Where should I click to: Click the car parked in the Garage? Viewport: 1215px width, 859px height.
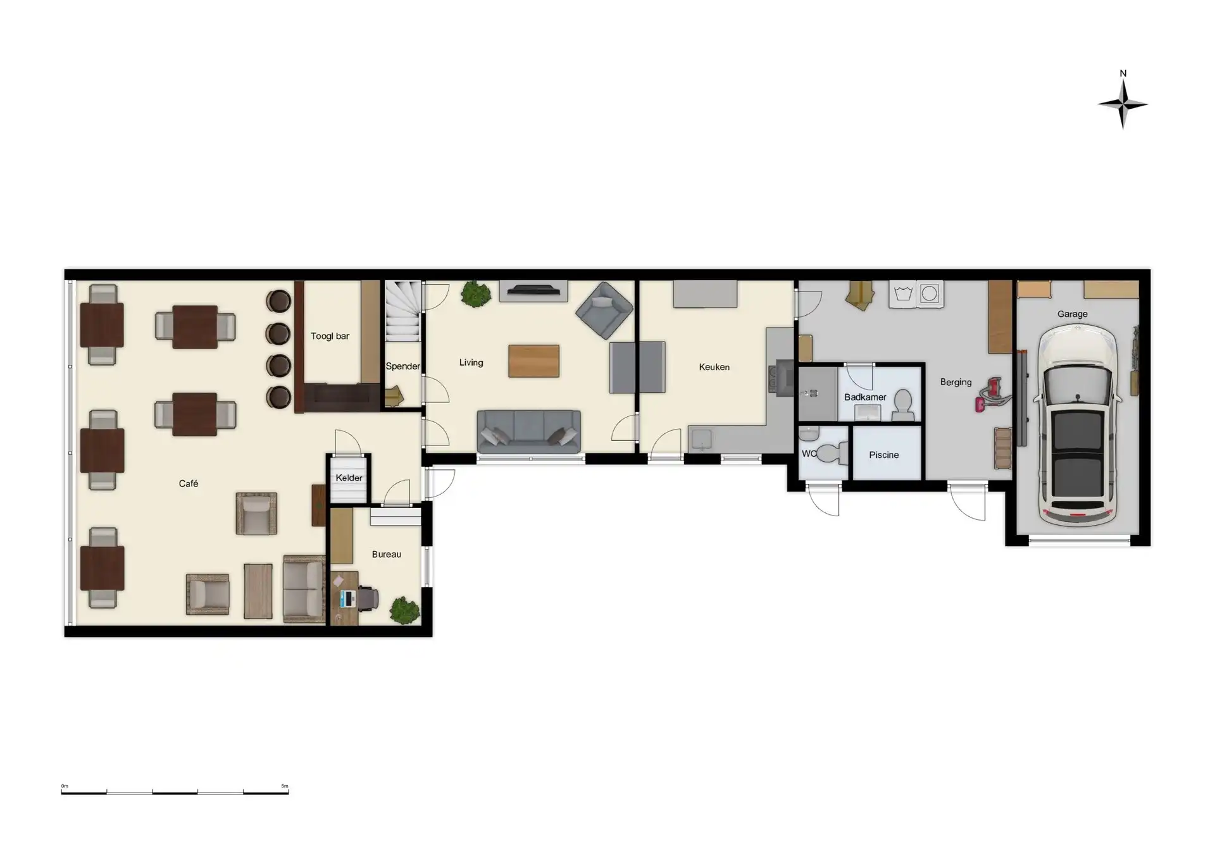click(x=1077, y=424)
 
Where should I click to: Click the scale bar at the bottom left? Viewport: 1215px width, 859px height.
click(x=175, y=791)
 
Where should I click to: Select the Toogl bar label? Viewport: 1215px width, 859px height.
click(x=330, y=336)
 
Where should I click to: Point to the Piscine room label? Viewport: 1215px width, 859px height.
click(x=883, y=455)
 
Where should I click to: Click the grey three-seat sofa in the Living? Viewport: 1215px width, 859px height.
click(x=528, y=431)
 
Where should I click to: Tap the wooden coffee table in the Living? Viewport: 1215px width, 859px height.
click(x=533, y=361)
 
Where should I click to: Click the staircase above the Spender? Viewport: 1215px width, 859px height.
click(x=402, y=311)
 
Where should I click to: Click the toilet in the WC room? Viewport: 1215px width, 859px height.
click(x=831, y=453)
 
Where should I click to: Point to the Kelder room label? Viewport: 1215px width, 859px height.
click(x=349, y=478)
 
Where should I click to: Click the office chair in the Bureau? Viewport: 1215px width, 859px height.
click(x=368, y=598)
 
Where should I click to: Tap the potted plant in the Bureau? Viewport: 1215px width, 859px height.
click(x=404, y=610)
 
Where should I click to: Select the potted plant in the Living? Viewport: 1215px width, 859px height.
click(x=475, y=294)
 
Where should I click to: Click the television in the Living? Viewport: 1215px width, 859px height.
click(x=533, y=290)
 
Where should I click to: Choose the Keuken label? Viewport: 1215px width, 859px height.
click(x=714, y=367)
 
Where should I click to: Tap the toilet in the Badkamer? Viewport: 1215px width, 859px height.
click(x=903, y=404)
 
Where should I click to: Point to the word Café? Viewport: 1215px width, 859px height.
click(x=188, y=483)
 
